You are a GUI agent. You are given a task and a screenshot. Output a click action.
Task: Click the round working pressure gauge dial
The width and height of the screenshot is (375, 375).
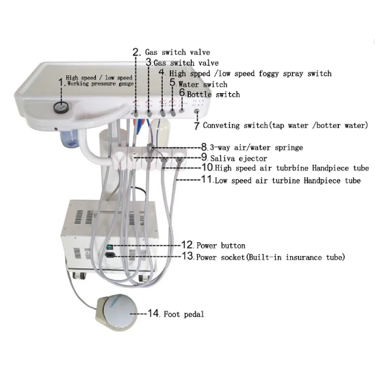pos(61,107)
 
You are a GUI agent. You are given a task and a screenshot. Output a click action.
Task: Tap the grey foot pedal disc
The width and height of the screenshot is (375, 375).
pos(120,311)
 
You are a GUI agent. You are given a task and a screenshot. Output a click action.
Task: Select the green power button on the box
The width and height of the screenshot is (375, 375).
pos(109,246)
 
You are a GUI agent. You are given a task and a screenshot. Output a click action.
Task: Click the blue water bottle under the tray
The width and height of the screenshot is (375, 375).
pos(69,140)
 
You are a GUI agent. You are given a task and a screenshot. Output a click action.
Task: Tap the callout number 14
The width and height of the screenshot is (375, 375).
pos(153,313)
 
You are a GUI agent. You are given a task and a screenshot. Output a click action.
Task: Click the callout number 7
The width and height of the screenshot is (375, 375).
pos(196,126)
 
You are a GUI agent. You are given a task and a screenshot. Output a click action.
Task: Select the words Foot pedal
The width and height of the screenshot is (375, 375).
pos(184,314)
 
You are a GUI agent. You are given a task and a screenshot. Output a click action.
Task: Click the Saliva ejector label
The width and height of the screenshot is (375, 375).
pos(238,158)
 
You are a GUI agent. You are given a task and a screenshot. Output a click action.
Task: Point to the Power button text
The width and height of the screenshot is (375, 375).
pos(221,246)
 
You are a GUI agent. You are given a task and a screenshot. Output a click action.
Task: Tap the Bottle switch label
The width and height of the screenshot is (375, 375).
pos(214,94)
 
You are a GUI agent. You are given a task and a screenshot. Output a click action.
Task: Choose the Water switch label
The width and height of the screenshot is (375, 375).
pos(203,84)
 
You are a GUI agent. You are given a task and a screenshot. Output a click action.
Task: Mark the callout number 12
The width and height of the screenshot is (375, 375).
pos(187,245)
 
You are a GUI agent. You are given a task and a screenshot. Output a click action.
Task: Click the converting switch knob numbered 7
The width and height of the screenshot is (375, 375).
pos(197,112)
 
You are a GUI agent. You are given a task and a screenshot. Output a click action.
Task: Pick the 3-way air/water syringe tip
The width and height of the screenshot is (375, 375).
pos(150,146)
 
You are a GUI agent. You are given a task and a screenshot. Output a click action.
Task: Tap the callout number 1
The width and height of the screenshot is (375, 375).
pos(61,82)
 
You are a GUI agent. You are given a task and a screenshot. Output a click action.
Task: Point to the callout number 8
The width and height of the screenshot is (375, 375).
pos(204,147)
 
